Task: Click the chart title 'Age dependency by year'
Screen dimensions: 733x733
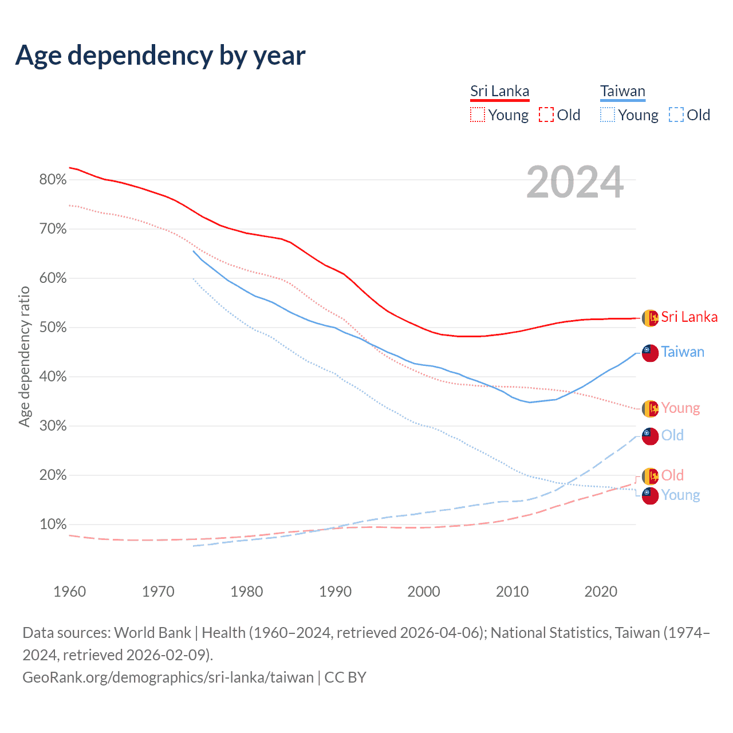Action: pyautogui.click(x=160, y=56)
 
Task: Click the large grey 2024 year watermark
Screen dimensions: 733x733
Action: pyautogui.click(x=574, y=183)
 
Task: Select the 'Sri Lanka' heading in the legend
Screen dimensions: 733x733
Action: pyautogui.click(x=499, y=92)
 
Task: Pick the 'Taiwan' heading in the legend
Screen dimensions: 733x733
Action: pyautogui.click(x=622, y=92)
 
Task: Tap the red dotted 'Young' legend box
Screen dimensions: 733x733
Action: pyautogui.click(x=478, y=115)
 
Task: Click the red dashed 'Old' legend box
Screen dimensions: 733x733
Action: pyautogui.click(x=546, y=115)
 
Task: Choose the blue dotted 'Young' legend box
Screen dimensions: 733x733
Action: pyautogui.click(x=608, y=115)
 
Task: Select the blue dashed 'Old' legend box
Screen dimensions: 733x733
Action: pyautogui.click(x=676, y=115)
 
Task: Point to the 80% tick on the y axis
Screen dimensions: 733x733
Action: pyautogui.click(x=53, y=180)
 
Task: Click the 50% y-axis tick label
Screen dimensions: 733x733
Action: pyautogui.click(x=53, y=328)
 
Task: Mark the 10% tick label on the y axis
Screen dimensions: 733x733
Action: pyautogui.click(x=53, y=525)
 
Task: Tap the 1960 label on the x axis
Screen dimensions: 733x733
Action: pyautogui.click(x=69, y=592)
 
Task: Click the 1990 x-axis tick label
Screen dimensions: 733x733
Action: pyautogui.click(x=335, y=592)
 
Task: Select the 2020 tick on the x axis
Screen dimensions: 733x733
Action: pyautogui.click(x=601, y=592)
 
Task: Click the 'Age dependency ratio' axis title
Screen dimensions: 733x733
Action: pyautogui.click(x=24, y=357)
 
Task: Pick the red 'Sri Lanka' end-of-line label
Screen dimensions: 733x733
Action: pyautogui.click(x=689, y=317)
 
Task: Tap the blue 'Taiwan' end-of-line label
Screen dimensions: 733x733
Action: pyautogui.click(x=683, y=352)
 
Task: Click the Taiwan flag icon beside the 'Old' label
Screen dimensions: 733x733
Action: pyautogui.click(x=650, y=436)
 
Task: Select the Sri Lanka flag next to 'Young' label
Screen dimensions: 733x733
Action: pyautogui.click(x=650, y=408)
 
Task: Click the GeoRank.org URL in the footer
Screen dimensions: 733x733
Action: pyautogui.click(x=168, y=677)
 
